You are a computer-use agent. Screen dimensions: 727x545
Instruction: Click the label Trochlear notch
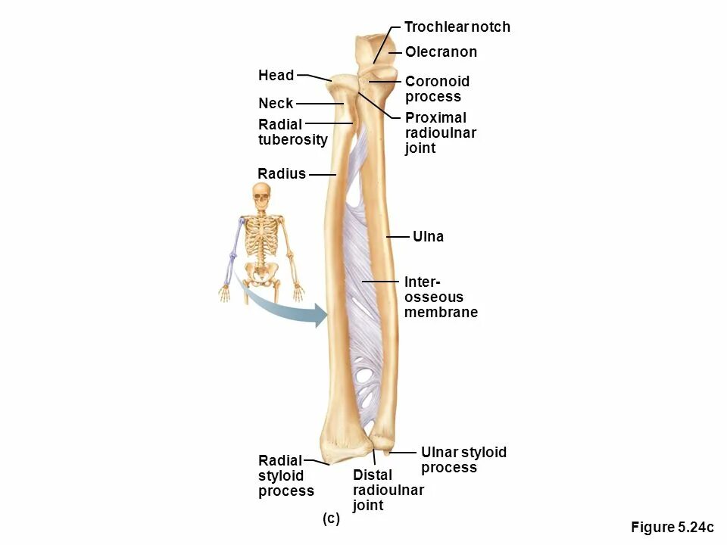click(457, 27)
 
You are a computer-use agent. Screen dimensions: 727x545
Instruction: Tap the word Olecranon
click(441, 52)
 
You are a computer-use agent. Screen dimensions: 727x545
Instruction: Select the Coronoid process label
click(437, 89)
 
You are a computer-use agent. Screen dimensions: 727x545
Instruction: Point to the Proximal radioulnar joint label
click(441, 132)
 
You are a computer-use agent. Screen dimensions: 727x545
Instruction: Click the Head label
click(276, 75)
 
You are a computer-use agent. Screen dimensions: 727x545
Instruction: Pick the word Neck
click(276, 103)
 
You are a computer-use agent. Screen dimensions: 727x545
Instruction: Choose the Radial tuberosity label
click(292, 132)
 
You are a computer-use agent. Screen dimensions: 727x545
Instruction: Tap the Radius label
click(282, 173)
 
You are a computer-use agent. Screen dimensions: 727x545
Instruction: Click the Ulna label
click(429, 237)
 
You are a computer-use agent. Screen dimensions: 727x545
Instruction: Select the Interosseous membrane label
click(441, 297)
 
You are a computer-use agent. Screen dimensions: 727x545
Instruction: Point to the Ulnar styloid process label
click(463, 459)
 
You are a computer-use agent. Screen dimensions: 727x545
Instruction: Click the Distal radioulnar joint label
click(388, 490)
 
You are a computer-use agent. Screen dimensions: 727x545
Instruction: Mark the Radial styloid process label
click(285, 475)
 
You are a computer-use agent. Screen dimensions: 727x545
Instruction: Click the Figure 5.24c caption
click(672, 528)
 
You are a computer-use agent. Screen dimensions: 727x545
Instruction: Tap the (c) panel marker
click(331, 519)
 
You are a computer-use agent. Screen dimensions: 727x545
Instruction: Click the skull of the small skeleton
click(261, 200)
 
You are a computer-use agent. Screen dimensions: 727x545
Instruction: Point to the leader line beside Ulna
click(398, 237)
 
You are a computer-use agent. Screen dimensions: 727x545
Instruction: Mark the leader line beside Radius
click(322, 174)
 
